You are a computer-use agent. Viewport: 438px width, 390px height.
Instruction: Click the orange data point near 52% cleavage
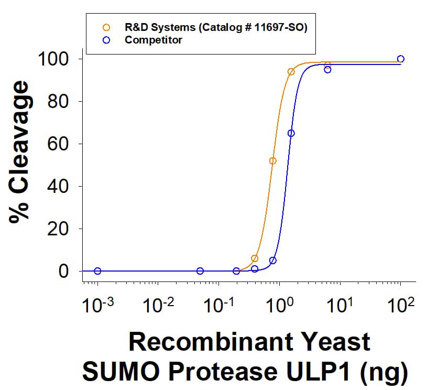click(272, 161)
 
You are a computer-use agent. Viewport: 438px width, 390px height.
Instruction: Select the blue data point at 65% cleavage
click(291, 133)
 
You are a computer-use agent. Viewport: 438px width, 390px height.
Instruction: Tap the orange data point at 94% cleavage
click(291, 72)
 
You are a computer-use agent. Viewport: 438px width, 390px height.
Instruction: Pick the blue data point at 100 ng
click(401, 59)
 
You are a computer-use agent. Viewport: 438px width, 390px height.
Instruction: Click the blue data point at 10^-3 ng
click(97, 271)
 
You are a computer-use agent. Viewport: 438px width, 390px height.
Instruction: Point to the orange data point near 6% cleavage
click(255, 258)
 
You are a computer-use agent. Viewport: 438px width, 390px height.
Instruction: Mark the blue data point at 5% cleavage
click(273, 261)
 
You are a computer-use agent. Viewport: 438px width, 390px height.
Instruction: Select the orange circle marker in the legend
click(106, 27)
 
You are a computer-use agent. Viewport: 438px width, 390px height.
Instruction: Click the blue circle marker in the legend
click(106, 40)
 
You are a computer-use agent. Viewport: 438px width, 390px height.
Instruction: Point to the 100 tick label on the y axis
click(54, 59)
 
